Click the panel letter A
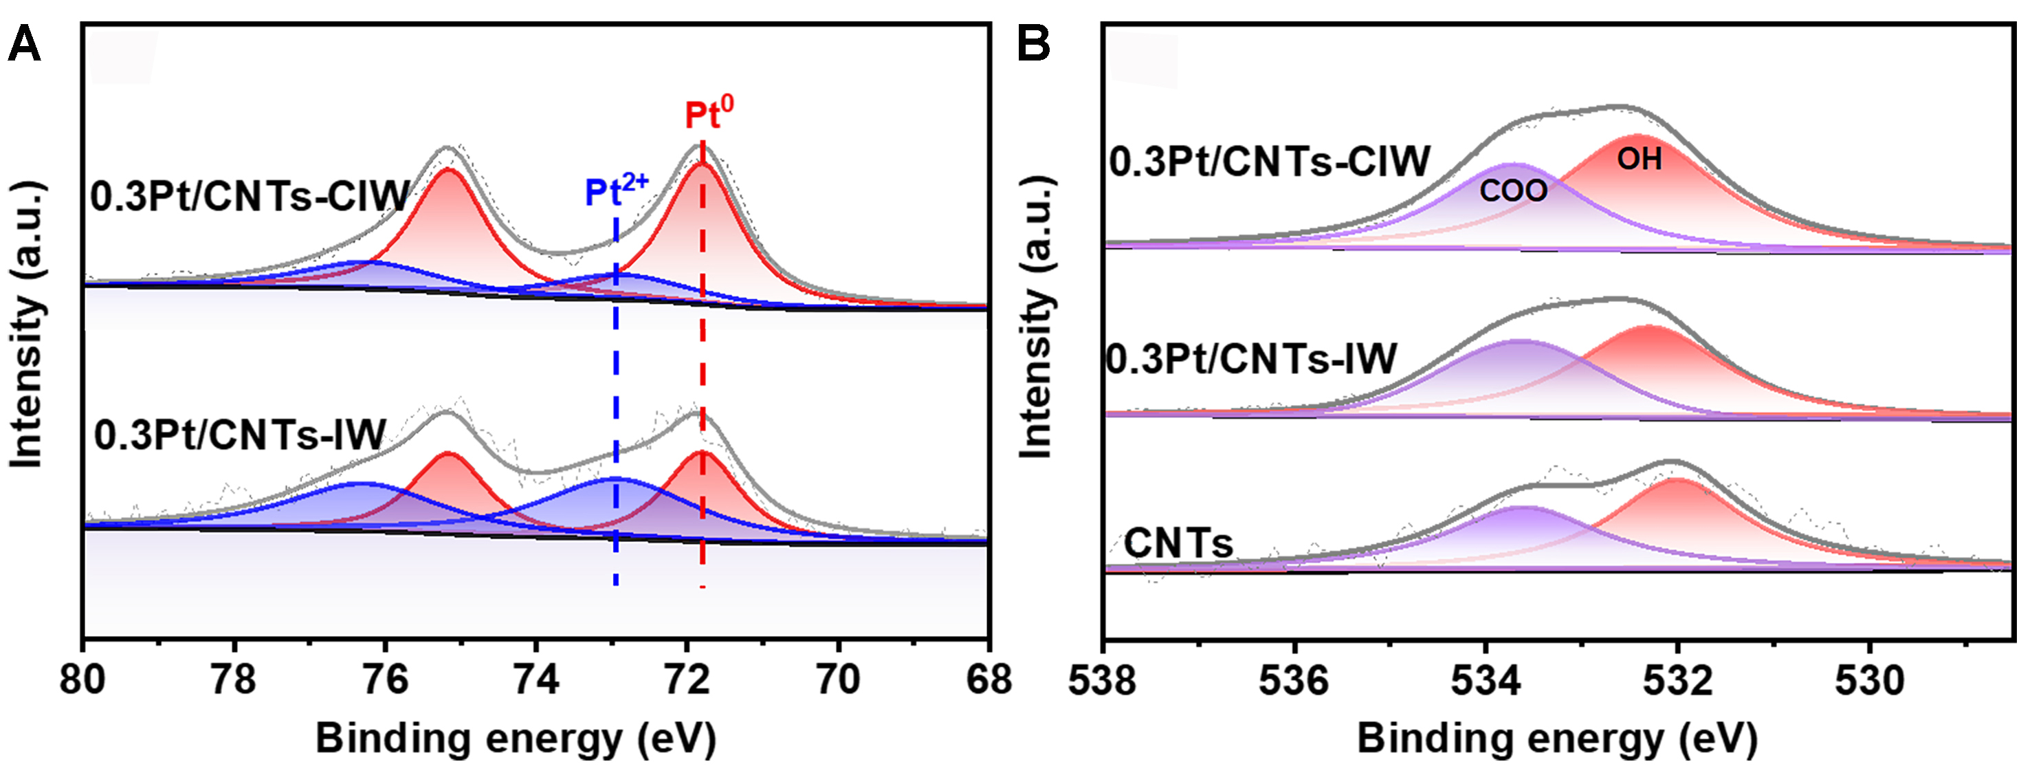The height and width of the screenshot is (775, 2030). (23, 44)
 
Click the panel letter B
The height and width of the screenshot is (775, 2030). (1033, 44)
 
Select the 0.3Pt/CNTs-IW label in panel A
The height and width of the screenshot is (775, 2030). (239, 435)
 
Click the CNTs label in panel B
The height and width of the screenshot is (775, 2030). (1178, 543)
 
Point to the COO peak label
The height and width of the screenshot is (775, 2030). (1513, 190)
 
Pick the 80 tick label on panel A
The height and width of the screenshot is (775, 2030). (82, 679)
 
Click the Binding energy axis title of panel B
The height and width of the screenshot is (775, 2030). (1556, 739)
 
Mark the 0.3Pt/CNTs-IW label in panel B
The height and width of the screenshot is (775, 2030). (1250, 359)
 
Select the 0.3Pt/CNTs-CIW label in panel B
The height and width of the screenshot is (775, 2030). (1269, 162)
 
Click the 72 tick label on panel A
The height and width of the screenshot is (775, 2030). (687, 679)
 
